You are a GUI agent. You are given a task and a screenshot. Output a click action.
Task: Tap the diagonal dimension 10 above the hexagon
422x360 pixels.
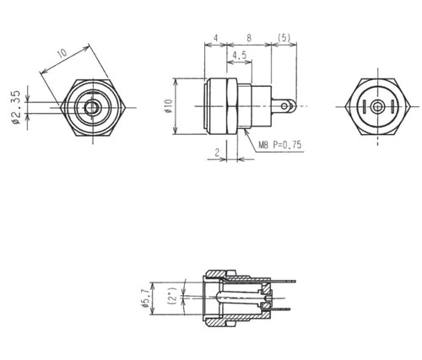[x=62, y=55]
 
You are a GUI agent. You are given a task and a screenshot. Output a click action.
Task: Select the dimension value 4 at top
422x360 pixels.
[x=217, y=38]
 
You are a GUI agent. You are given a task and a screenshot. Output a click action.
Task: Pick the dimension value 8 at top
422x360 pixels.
[x=248, y=38]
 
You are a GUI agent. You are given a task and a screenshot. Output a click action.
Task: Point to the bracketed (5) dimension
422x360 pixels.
[x=284, y=38]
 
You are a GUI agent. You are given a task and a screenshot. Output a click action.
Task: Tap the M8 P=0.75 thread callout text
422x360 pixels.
[x=280, y=146]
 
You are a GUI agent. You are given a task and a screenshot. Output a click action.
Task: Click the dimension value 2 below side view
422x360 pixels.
[x=217, y=151]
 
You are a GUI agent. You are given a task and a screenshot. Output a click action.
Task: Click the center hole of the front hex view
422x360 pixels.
[x=90, y=107]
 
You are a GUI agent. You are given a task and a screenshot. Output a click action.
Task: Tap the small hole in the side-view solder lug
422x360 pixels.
[x=290, y=106]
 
